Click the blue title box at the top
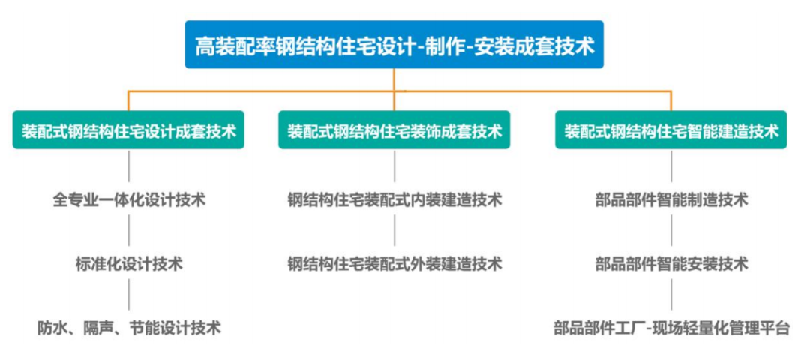click(x=394, y=45)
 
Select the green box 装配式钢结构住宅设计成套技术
click(x=129, y=131)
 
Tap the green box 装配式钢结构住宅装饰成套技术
click(x=394, y=131)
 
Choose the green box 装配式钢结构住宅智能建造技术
click(x=671, y=131)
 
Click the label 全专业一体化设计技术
click(x=129, y=200)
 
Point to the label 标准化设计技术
click(x=129, y=264)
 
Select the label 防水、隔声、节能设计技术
click(x=129, y=328)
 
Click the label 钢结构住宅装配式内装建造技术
click(x=394, y=200)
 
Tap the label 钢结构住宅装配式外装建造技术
click(x=394, y=264)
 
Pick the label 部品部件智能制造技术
click(x=671, y=200)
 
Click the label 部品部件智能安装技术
click(x=671, y=264)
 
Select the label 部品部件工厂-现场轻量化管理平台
click(x=671, y=328)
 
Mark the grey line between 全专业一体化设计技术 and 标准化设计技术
click(x=129, y=232)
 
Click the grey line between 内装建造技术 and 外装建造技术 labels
click(x=394, y=232)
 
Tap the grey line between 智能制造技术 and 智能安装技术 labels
click(x=671, y=232)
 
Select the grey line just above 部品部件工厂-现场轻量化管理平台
click(x=671, y=295)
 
